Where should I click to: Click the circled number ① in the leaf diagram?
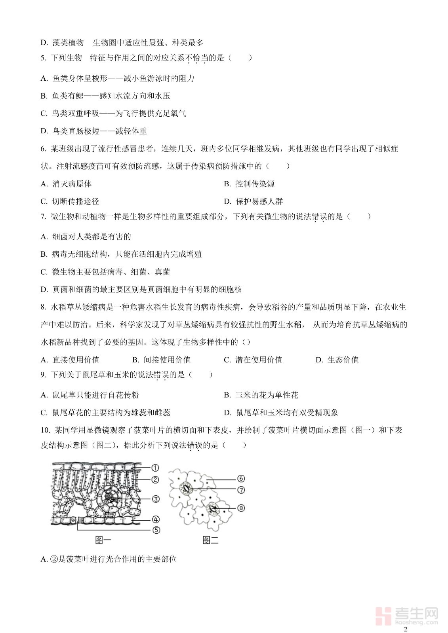[x=155, y=468]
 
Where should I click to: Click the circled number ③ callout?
[x=156, y=499]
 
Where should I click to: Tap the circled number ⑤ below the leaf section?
[x=156, y=530]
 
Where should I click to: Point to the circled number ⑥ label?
[x=241, y=479]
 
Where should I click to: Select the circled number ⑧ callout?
[x=241, y=508]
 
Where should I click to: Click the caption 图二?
[x=210, y=540]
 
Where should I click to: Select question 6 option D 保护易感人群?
[x=254, y=201]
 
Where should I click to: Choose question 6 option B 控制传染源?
[x=249, y=184]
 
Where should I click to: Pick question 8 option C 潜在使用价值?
[x=253, y=360]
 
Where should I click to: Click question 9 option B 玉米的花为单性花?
[x=261, y=395]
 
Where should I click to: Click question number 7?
[x=44, y=217]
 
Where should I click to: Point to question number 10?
[x=45, y=430]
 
